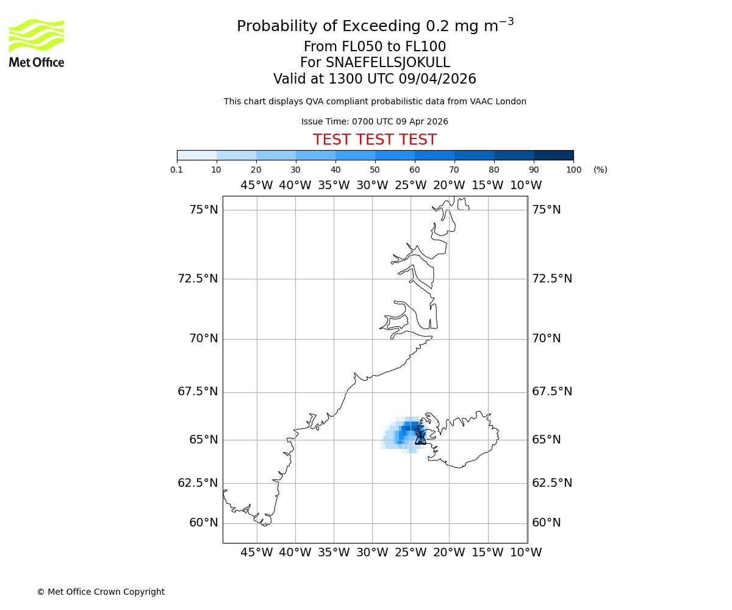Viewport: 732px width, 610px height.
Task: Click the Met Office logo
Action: click(x=37, y=43)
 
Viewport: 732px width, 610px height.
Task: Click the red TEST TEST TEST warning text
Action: click(x=375, y=140)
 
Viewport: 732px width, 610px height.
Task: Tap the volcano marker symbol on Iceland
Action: click(x=420, y=437)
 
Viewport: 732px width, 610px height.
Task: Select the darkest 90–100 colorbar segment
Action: click(x=553, y=155)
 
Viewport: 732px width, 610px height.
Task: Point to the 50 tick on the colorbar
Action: click(x=375, y=170)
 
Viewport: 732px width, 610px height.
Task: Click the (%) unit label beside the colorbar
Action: click(x=600, y=170)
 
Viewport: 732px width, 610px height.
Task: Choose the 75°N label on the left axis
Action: click(x=203, y=210)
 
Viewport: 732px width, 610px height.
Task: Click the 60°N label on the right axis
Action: click(x=546, y=523)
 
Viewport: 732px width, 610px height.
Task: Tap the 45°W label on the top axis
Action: click(x=256, y=185)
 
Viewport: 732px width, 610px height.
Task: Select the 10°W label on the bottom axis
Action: click(x=526, y=553)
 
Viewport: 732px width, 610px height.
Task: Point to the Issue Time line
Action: click(x=375, y=121)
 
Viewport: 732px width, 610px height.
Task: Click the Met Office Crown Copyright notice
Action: click(x=101, y=592)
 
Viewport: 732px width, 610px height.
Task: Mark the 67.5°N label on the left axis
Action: click(x=197, y=392)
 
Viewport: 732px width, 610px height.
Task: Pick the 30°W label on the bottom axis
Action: click(x=372, y=553)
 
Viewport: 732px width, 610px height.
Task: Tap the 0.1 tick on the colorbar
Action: click(x=177, y=170)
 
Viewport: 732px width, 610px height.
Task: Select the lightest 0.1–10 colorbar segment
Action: click(x=196, y=155)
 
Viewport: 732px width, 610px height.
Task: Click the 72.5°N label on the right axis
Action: click(x=552, y=279)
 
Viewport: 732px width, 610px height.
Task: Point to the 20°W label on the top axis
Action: click(x=449, y=185)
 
